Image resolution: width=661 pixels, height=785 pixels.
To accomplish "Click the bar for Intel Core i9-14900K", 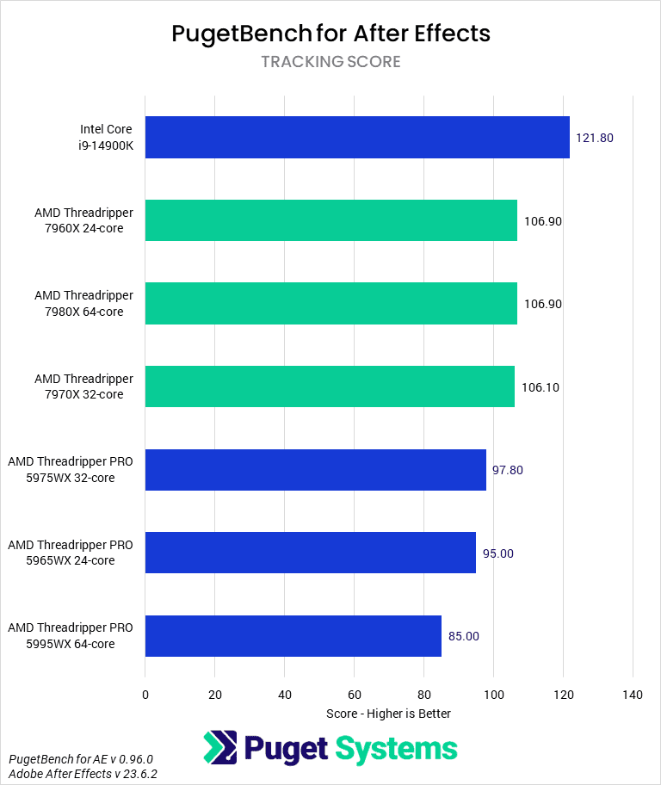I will click(x=357, y=138).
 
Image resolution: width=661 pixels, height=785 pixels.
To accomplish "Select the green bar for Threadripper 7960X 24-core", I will click(x=331, y=220).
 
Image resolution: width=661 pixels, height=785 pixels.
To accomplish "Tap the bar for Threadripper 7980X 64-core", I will click(x=331, y=304).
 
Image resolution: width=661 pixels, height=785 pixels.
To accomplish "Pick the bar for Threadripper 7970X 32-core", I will click(x=330, y=386).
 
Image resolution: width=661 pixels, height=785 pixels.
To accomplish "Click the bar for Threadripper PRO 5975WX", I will click(x=316, y=470).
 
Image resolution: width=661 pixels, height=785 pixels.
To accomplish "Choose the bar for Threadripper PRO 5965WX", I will click(x=311, y=553).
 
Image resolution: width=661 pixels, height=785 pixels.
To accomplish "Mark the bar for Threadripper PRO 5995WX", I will click(x=293, y=636).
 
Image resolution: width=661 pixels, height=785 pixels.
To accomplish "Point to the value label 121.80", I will click(x=595, y=138).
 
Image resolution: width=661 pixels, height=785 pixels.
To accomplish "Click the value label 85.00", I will click(x=464, y=636).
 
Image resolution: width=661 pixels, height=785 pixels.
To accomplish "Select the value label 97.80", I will click(x=508, y=470).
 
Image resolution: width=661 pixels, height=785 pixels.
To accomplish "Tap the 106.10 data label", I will click(x=541, y=387).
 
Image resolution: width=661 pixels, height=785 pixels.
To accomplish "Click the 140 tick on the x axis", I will click(x=633, y=695).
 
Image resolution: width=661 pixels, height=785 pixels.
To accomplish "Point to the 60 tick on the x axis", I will click(x=354, y=695).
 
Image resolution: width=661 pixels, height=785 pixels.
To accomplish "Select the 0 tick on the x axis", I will click(x=145, y=695).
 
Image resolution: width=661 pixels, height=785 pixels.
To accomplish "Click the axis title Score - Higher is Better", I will click(x=389, y=714).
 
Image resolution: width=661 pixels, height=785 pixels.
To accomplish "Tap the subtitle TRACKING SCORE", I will click(x=330, y=62).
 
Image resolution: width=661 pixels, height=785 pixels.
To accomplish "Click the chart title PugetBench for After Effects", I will click(x=330, y=34).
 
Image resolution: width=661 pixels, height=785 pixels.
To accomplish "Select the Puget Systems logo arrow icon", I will click(x=219, y=748).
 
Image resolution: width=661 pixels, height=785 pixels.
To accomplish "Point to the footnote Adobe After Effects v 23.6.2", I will click(x=83, y=774).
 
